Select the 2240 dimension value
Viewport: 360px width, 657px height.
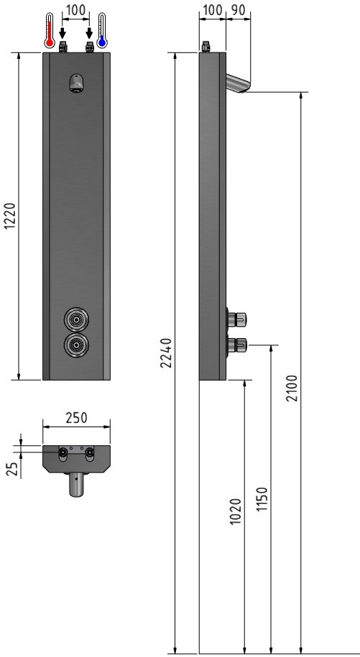click(x=167, y=353)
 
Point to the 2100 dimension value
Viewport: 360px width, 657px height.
click(x=292, y=388)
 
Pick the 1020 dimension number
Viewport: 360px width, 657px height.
click(x=236, y=511)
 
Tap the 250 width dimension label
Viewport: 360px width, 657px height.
click(x=76, y=418)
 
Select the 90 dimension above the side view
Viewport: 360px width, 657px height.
click(x=238, y=9)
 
